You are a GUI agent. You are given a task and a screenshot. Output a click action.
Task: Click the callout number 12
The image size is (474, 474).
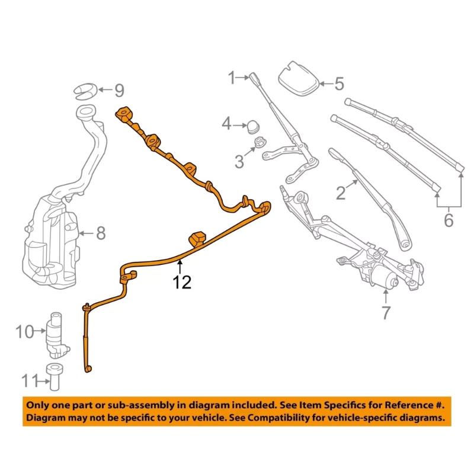(x=182, y=283)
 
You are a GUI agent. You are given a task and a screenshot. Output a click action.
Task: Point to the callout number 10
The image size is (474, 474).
(x=25, y=331)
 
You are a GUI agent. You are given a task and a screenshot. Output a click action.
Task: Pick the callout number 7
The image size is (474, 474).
(x=386, y=312)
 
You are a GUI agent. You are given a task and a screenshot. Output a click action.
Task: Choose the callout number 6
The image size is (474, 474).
(x=448, y=220)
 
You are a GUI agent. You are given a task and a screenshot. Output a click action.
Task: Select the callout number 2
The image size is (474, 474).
(x=340, y=192)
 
